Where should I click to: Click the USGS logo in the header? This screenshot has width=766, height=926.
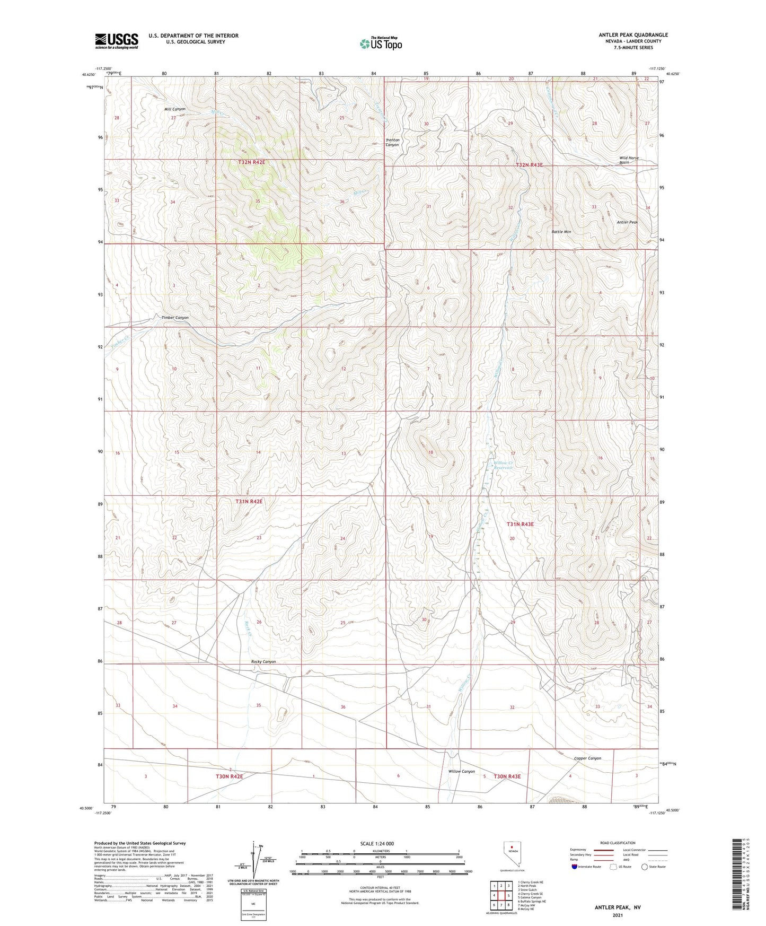(117, 41)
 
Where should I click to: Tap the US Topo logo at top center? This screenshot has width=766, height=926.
(381, 43)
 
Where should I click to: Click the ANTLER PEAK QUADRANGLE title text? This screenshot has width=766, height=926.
(633, 35)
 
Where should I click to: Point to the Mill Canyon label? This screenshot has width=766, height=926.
(175, 109)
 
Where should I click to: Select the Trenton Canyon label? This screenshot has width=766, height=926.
(392, 142)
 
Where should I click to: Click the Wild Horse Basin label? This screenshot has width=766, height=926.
(629, 160)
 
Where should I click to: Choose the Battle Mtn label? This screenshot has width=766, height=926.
(561, 232)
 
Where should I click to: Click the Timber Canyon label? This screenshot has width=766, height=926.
(175, 318)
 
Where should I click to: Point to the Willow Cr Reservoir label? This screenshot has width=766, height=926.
(504, 465)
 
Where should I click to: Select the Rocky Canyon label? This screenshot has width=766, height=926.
(263, 662)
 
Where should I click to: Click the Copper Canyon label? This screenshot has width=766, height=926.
(587, 758)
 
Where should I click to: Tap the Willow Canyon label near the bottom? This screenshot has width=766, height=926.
(461, 772)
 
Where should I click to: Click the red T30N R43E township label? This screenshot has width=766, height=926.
(507, 776)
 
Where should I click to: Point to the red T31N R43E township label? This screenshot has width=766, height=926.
(520, 524)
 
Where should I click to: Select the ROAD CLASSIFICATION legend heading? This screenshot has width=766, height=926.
(618, 843)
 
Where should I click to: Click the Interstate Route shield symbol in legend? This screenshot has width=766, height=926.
(575, 867)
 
